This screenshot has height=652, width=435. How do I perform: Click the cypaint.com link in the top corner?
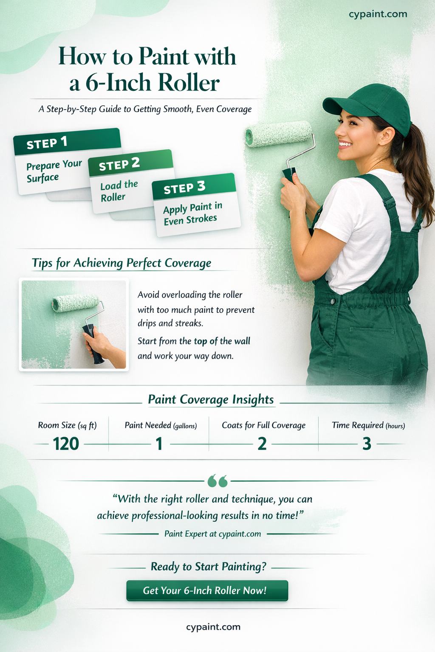coord(378,14)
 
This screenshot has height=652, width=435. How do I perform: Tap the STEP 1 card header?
coord(67,141)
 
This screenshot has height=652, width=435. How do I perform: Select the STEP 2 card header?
coord(130,163)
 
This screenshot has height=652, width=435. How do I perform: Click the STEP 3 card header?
coord(194,187)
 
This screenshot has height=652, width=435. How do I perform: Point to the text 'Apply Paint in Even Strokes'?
coord(192,214)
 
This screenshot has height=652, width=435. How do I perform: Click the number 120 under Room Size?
coord(66,444)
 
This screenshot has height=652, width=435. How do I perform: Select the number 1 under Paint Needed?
coord(159,444)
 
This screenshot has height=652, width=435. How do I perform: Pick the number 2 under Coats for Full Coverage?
coord(262,444)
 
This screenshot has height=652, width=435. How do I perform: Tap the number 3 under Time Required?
coord(367,444)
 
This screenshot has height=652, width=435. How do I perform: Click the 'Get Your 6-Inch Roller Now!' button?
coord(207,590)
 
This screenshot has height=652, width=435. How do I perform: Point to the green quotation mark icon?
coord(217,481)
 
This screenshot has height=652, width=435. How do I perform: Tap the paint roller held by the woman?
coord(280,152)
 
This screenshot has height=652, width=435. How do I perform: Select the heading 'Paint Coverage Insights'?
coord(211,400)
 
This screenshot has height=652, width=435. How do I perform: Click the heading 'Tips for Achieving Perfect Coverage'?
coord(121,263)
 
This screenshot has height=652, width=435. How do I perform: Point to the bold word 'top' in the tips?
coord(201,341)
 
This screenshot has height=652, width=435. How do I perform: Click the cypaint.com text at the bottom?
coord(213,627)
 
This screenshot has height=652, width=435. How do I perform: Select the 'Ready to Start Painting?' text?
coord(209,566)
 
